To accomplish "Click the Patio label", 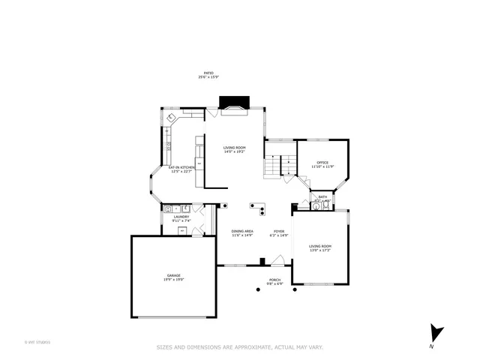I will click(x=208, y=73).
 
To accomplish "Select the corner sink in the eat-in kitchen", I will click(x=172, y=118).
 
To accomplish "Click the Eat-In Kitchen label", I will click(x=181, y=167).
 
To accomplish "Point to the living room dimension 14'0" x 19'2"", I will click(x=234, y=152).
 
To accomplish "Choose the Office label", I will click(x=322, y=162).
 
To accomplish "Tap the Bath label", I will click(x=322, y=197).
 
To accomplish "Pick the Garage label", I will click(x=174, y=275).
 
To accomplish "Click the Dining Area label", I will click(x=241, y=231).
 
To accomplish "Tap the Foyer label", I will click(x=279, y=231).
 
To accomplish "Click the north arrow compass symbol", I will click(x=436, y=332).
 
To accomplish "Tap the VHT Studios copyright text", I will click(x=37, y=342).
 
